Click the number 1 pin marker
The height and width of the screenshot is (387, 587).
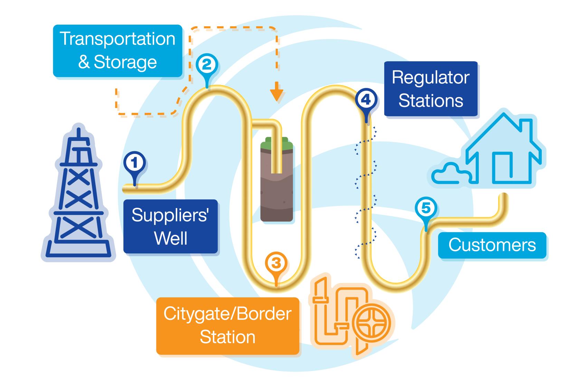[135, 163]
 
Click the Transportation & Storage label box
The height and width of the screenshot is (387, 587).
[117, 51]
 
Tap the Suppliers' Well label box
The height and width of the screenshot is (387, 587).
[171, 226]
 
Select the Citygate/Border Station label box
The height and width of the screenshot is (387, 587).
[227, 326]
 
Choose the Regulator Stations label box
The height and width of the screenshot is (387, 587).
[430, 89]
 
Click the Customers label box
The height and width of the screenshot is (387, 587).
[492, 245]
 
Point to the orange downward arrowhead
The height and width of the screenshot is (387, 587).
[276, 96]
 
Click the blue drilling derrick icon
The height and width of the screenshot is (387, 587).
[79, 194]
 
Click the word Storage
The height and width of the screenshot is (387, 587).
[125, 62]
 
